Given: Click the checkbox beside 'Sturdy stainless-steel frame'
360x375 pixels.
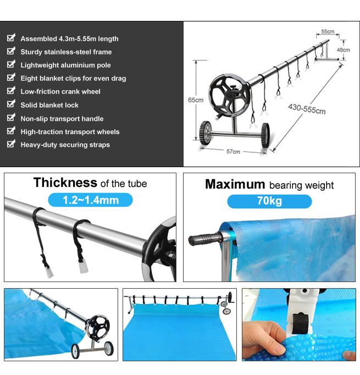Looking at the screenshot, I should coord(10,51).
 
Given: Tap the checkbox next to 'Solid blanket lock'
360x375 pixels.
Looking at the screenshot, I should coord(10,104).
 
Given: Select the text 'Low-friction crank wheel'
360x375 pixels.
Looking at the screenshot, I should coord(60,92).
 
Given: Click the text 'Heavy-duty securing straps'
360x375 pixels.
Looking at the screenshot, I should coord(65,145).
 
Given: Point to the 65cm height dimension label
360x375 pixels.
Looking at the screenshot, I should coord(195,100).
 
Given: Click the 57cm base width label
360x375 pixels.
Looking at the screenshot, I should coord(233,152).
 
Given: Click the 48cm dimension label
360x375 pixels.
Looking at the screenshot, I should coord(343,49).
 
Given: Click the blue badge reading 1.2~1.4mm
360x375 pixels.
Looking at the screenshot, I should coord(90,200).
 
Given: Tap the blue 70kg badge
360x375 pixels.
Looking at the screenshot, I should coord(269,201).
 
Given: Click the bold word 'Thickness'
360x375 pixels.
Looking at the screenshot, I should coord(65,183).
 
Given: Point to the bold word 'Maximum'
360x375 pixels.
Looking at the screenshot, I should coord(235,184).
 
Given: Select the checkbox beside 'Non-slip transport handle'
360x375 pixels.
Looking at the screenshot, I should coord(10,118).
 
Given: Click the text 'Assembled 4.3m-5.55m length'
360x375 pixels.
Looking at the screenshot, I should coord(69,38).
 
